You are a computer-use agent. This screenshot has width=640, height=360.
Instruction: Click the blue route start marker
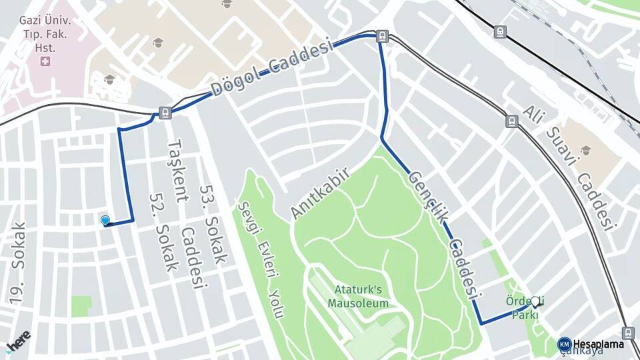click(x=105, y=221)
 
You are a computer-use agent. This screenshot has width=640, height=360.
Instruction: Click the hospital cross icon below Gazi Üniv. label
click(x=45, y=61)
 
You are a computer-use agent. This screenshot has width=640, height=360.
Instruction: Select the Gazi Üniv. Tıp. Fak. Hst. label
click(x=45, y=33)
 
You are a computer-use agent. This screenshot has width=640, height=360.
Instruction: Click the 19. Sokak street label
click(x=17, y=263)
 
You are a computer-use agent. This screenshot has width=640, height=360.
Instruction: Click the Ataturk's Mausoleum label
click(x=357, y=296)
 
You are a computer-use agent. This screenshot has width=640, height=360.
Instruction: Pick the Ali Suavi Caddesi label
click(x=567, y=167)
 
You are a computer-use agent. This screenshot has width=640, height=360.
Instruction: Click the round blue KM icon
click(x=565, y=344)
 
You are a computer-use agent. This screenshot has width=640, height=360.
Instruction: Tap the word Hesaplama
click(x=599, y=344)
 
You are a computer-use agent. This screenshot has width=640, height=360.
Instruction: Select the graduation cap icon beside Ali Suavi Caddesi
click(x=586, y=150)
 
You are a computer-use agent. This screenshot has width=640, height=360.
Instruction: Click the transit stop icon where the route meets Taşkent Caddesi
click(x=165, y=113)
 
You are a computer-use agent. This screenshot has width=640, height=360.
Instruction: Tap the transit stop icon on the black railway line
click(x=500, y=31)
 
